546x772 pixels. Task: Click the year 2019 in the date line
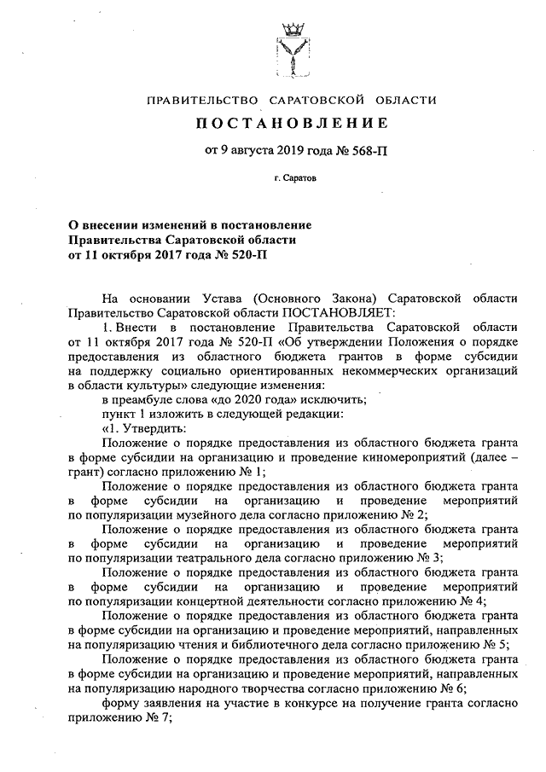(x=291, y=154)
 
